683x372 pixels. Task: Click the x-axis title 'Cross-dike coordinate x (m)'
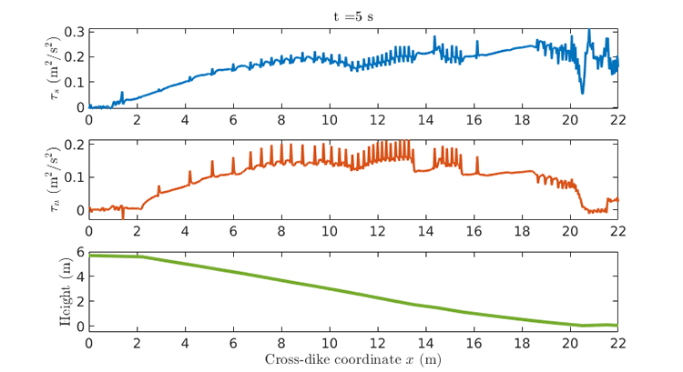(x=352, y=359)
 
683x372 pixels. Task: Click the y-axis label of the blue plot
(x=60, y=69)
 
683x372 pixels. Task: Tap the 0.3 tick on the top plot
(x=74, y=32)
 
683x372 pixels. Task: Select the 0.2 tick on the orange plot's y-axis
(x=74, y=145)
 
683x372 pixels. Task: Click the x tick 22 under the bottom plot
(x=617, y=343)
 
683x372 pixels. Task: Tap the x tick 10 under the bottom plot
(x=329, y=343)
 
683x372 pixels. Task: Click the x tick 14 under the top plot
(x=424, y=119)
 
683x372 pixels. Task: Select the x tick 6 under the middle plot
(x=233, y=231)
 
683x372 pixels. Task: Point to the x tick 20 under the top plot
(x=569, y=119)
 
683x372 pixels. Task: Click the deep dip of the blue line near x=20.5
(x=582, y=92)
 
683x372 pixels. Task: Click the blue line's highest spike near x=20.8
(x=589, y=31)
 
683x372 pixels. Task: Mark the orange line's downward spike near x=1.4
(x=123, y=218)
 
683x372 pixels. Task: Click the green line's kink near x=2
(x=140, y=256)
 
